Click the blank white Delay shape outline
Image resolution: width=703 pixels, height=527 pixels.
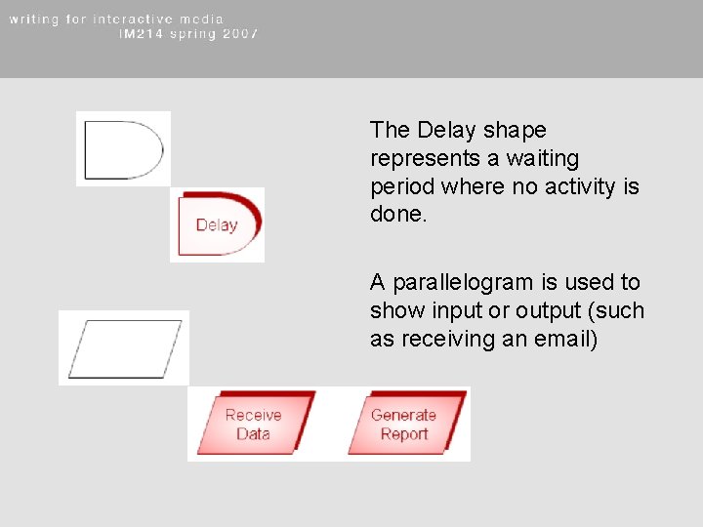click(x=123, y=149)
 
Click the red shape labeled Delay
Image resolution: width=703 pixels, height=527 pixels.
click(x=219, y=224)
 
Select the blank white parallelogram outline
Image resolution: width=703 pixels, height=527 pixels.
click(x=125, y=348)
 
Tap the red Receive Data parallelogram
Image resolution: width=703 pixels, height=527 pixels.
click(x=254, y=425)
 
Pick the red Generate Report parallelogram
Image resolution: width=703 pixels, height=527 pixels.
click(x=404, y=425)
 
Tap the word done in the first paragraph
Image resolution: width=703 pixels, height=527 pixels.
click(x=396, y=214)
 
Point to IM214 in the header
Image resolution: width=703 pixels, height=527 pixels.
click(x=141, y=33)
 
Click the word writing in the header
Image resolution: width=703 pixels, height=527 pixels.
click(x=34, y=19)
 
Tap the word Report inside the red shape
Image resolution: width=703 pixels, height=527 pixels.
click(x=404, y=434)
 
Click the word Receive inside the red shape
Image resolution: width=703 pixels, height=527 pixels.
click(x=254, y=415)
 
